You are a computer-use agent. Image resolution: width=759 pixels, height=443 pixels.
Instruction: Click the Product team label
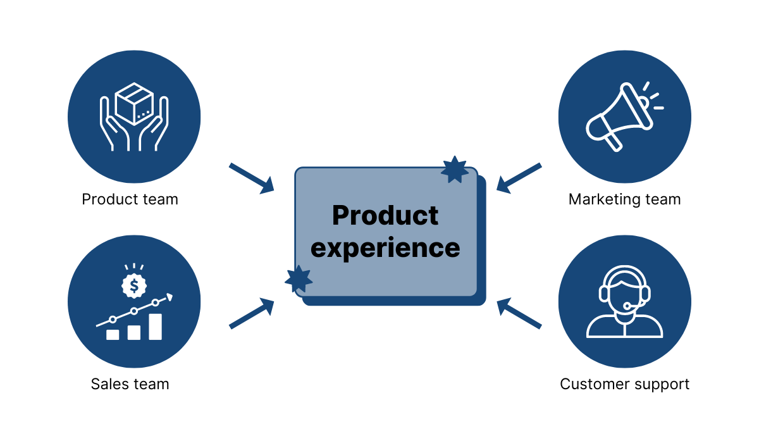(x=130, y=199)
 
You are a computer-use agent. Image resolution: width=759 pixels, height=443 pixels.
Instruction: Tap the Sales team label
(x=130, y=384)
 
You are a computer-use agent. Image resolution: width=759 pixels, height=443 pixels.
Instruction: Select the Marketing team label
(x=624, y=199)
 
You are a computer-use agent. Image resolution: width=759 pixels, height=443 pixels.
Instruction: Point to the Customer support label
(x=624, y=384)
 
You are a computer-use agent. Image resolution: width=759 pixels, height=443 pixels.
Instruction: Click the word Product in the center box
(x=385, y=216)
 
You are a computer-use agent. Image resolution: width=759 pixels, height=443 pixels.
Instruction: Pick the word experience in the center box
(x=385, y=247)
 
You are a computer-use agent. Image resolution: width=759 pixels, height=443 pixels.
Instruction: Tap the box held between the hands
(x=134, y=104)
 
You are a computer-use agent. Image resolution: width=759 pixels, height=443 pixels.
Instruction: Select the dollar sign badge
(x=134, y=286)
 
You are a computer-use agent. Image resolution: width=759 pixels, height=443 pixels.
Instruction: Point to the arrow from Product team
(x=251, y=178)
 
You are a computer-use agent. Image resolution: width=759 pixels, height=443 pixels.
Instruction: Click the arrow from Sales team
(x=251, y=314)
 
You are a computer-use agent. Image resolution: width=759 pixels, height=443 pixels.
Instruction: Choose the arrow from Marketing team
(x=519, y=177)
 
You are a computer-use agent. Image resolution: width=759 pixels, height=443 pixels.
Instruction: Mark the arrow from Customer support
(x=519, y=314)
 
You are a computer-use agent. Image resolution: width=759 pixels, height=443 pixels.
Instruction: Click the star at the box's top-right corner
(x=455, y=170)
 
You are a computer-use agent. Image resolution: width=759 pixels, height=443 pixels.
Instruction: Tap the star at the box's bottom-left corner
(x=299, y=278)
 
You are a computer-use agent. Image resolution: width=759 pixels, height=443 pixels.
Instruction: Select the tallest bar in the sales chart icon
(x=155, y=327)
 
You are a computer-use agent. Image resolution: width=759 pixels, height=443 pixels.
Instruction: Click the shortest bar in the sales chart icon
(x=113, y=334)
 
